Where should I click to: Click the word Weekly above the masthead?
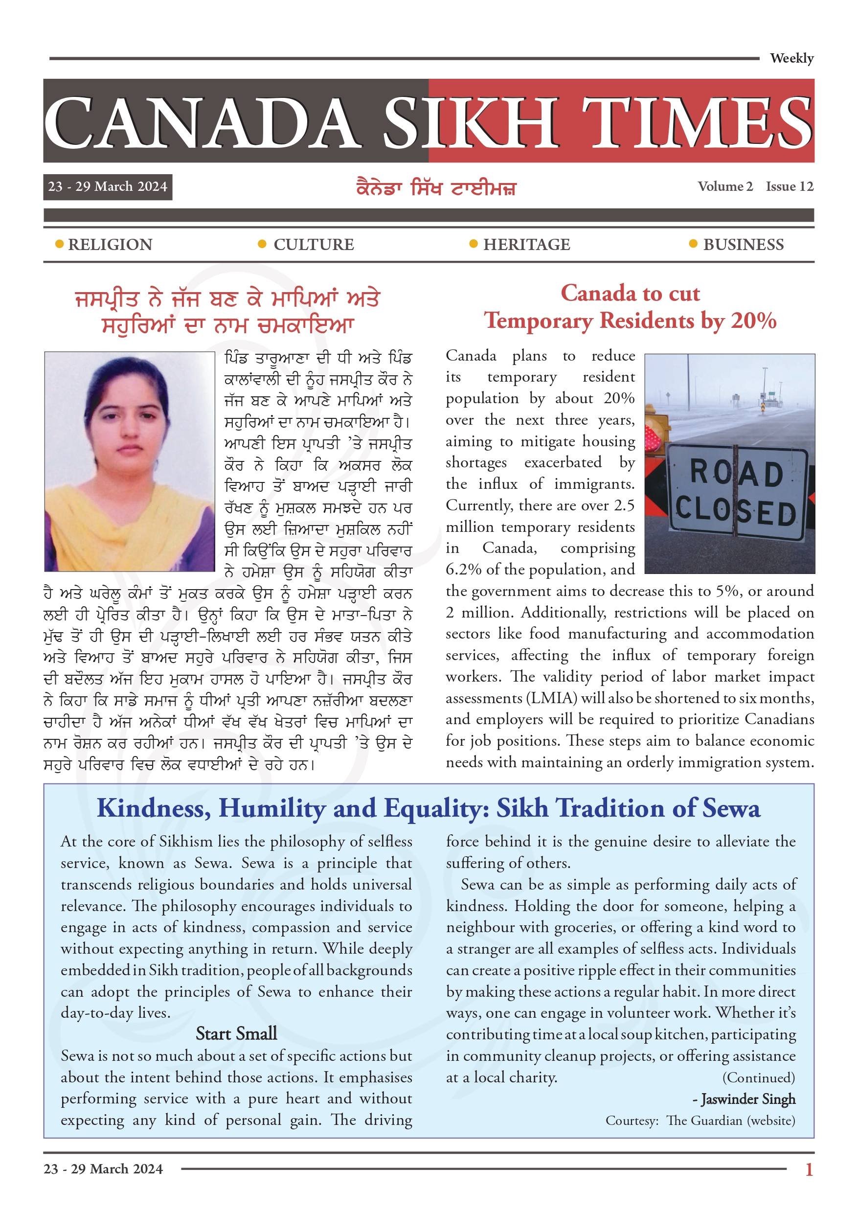(791, 58)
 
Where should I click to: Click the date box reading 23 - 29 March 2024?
(107, 186)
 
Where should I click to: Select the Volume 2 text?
(725, 186)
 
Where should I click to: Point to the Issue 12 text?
(790, 186)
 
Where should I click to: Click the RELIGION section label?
(110, 244)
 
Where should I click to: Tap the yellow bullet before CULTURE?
(262, 244)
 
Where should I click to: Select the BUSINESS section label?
(743, 244)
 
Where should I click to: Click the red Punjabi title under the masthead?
(436, 188)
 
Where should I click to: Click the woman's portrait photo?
(129, 461)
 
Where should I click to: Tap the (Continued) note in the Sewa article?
(759, 1077)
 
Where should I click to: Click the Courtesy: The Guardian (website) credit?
(700, 1121)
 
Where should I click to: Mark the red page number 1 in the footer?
(809, 1169)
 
